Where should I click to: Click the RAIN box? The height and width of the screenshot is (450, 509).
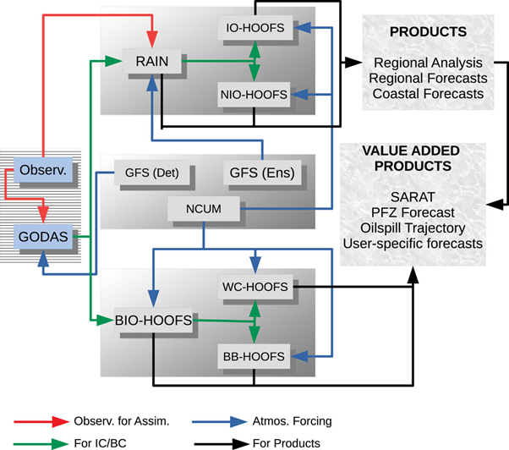point(151,61)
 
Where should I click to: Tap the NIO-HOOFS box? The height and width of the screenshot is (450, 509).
point(254,92)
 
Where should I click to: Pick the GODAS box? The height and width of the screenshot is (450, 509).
point(47,234)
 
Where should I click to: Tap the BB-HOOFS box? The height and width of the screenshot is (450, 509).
point(254,353)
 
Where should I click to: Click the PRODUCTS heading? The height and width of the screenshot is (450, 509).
point(429,31)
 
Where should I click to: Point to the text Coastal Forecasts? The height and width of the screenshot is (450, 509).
point(429,93)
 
